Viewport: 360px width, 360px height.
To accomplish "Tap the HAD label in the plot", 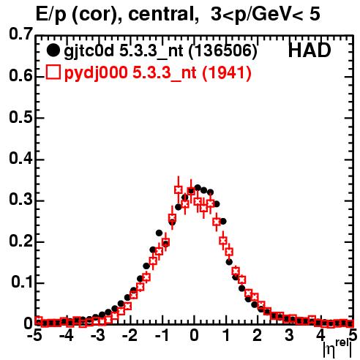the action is [310, 50].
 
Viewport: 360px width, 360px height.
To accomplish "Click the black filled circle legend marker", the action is [53, 50].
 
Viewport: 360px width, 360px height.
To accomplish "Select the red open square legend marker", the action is [53, 72].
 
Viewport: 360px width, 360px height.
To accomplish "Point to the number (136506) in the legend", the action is [223, 51].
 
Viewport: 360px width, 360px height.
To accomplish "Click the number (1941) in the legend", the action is [227, 72].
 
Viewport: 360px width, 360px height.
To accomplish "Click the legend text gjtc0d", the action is [89, 52].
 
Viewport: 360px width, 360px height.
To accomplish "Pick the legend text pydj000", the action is [96, 73].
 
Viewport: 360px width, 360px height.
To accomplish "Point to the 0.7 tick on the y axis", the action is [20, 34].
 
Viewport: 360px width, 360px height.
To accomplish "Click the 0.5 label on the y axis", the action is [20, 118].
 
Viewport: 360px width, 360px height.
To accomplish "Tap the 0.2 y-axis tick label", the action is [20, 241].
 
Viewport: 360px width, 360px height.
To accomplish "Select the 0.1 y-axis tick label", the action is [21, 282].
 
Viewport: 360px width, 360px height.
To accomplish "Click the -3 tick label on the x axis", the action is [98, 335].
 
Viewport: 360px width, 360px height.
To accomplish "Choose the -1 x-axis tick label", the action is [162, 335].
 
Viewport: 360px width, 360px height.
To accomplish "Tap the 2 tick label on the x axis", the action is [258, 335].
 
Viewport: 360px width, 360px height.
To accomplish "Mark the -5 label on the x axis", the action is [34, 335].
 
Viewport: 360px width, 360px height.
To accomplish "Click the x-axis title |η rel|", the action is [337, 349].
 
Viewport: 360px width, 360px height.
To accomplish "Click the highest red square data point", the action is [179, 190].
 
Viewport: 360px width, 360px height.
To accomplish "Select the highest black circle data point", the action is [198, 188].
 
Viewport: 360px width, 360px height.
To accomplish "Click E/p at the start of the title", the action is [51, 14].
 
